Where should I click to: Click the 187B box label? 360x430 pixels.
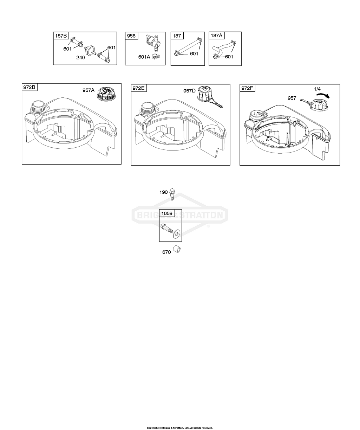[x=61, y=36]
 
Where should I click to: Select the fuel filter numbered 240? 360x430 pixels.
[x=90, y=51]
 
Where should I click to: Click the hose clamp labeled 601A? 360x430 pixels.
[x=156, y=56]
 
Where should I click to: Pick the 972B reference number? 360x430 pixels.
[x=29, y=87]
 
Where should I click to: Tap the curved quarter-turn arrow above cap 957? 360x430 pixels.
[x=323, y=95]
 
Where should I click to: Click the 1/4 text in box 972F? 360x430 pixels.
[x=317, y=89]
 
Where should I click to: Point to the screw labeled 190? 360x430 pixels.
[x=172, y=194]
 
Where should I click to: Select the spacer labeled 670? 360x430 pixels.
[x=177, y=249]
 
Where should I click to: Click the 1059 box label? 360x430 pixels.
[x=167, y=213]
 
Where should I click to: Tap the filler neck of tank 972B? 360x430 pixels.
[x=39, y=106]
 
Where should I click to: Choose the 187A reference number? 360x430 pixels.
[x=216, y=36]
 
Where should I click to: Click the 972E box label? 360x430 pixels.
[x=138, y=88]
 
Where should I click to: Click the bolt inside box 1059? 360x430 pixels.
[x=166, y=229]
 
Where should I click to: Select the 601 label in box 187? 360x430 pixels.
[x=194, y=54]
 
